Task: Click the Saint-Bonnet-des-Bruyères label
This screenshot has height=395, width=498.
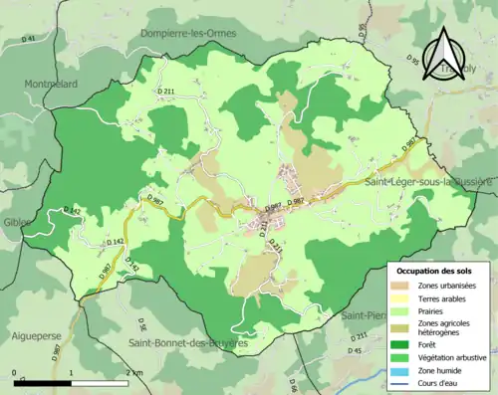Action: click(x=187, y=343)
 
